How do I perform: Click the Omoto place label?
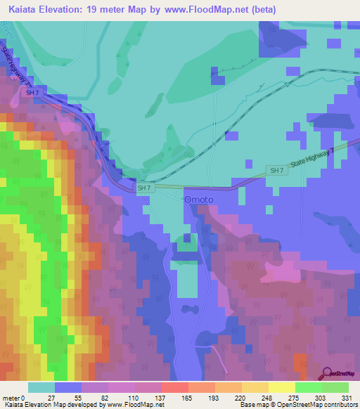click(x=198, y=200)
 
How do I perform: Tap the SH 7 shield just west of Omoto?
click(x=144, y=188)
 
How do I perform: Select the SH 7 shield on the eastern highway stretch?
click(x=276, y=171)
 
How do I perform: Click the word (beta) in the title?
click(x=263, y=9)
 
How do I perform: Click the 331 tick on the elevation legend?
click(x=345, y=398)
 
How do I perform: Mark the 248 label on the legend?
click(x=267, y=398)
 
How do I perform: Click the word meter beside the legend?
click(x=13, y=398)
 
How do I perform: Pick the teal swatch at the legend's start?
click(x=41, y=387)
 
